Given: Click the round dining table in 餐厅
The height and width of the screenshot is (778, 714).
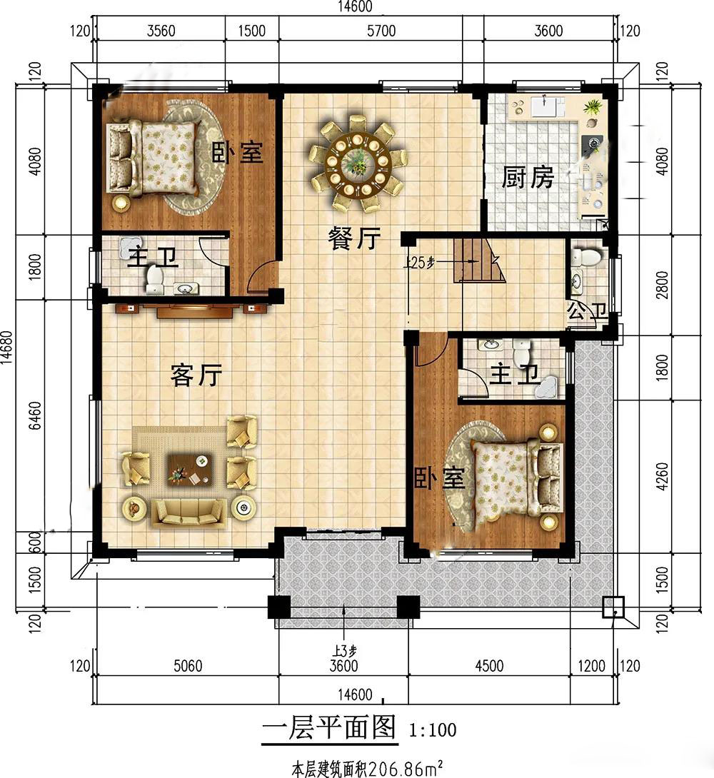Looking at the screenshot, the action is (357, 162).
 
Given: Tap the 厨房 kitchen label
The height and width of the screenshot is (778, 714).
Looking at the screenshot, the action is (528, 177).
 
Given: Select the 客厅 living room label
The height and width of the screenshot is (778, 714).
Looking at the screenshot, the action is (196, 375).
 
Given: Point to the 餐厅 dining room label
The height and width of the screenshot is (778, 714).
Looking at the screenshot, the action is (354, 238).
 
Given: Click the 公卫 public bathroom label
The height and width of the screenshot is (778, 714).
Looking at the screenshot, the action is (587, 312).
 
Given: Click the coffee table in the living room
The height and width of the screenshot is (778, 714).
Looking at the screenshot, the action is (191, 469).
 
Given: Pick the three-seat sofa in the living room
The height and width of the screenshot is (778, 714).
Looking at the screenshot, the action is (188, 512).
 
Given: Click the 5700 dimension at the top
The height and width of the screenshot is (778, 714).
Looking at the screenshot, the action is (381, 31).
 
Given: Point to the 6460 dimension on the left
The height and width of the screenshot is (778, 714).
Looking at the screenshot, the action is (35, 416).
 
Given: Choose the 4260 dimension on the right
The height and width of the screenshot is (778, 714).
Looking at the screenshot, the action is (662, 476).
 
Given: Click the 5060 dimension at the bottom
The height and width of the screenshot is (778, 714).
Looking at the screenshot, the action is (188, 665).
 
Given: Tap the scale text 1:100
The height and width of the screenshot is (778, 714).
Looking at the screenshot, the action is (433, 730).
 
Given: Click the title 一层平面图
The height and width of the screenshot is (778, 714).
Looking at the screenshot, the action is (329, 728).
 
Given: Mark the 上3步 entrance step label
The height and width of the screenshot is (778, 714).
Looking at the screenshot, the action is (345, 650).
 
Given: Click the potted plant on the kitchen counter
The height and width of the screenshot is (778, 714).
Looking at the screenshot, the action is (593, 106).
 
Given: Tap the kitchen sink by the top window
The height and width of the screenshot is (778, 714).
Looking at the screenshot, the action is (545, 106).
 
